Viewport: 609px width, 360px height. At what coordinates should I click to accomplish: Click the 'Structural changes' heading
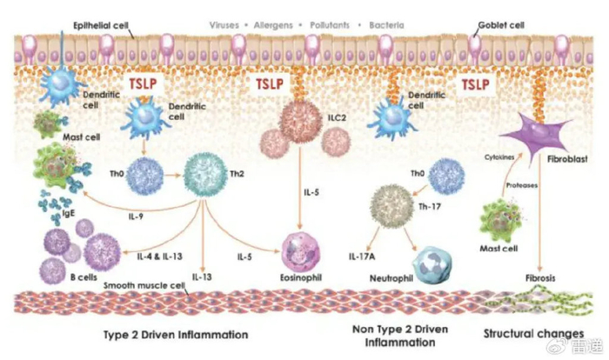coord(533,333)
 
